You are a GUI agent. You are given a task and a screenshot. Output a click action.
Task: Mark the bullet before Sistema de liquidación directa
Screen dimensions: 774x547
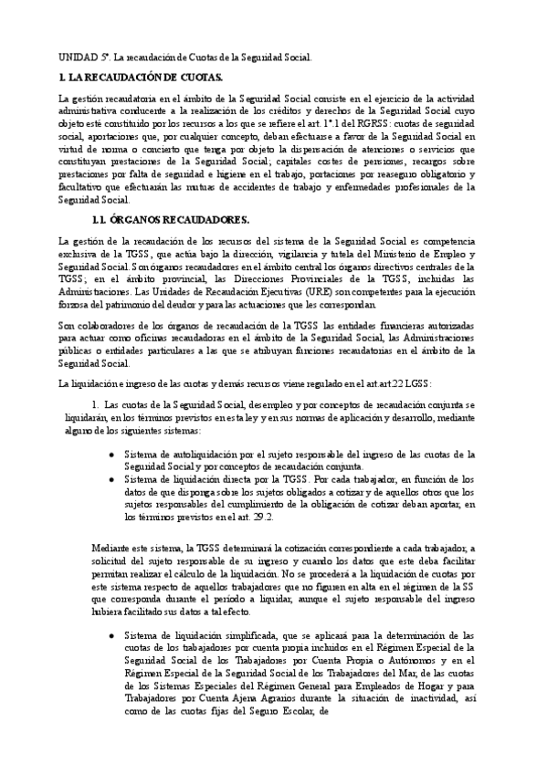tap(111, 477)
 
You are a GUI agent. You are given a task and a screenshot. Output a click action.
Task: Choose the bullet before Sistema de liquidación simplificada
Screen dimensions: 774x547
tap(111, 633)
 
